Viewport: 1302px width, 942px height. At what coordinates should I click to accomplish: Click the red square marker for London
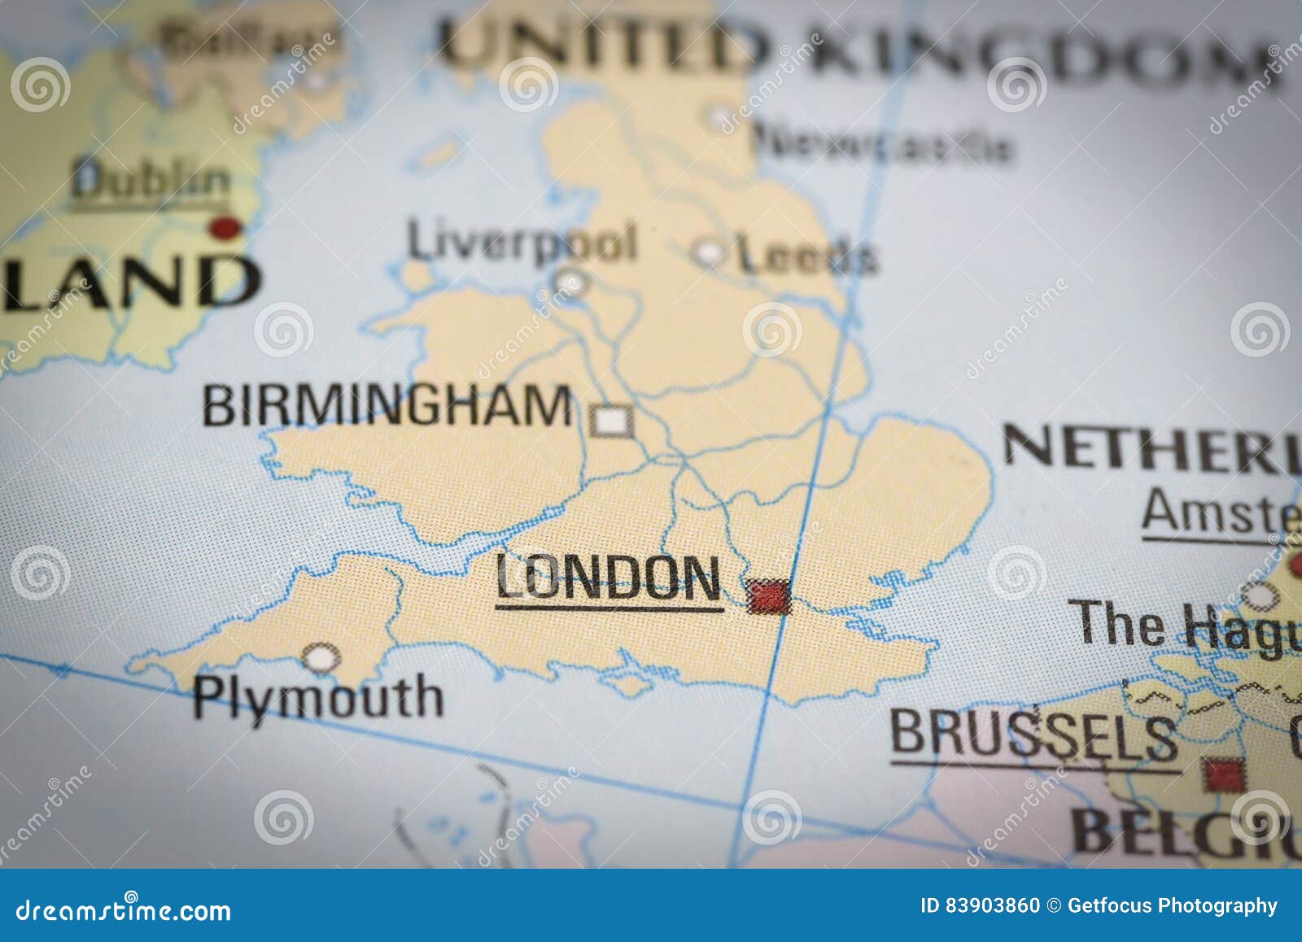(768, 595)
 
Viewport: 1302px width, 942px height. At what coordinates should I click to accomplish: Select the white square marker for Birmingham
(611, 421)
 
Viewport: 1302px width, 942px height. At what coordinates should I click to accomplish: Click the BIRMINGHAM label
(387, 405)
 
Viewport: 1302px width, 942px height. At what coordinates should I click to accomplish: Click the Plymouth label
(318, 699)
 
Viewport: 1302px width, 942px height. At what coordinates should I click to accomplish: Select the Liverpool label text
(522, 242)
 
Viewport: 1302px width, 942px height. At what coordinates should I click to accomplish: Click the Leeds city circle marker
(708, 253)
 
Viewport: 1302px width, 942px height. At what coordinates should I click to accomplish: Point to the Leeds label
(807, 255)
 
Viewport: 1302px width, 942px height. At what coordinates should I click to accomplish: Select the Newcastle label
(883, 144)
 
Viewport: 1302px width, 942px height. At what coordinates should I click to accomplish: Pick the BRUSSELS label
(1033, 734)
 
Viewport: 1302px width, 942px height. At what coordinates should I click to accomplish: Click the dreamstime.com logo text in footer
(124, 909)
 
